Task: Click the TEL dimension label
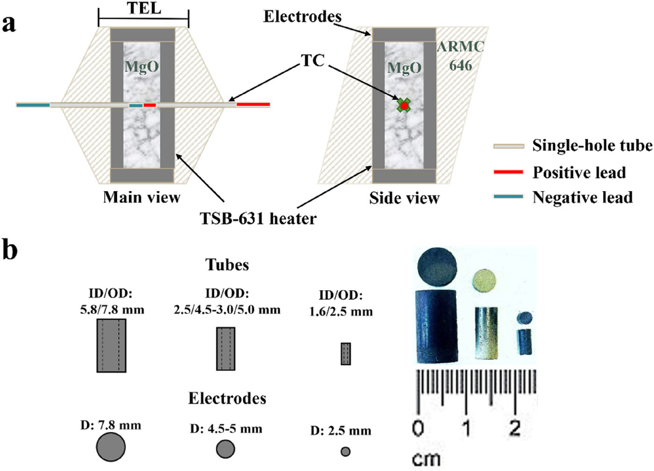(x=144, y=8)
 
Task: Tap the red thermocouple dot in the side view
(x=404, y=106)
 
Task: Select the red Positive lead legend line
(x=508, y=172)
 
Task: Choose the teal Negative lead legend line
(x=508, y=197)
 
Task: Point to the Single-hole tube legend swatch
(x=508, y=146)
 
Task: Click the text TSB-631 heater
(x=258, y=218)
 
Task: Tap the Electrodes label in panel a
(x=302, y=17)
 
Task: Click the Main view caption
(x=142, y=197)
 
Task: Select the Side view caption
(x=404, y=198)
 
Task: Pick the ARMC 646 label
(x=461, y=56)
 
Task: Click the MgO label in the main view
(x=142, y=67)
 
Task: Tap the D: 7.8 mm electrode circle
(x=111, y=447)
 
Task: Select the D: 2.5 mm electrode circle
(x=346, y=451)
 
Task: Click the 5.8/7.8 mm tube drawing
(x=111, y=345)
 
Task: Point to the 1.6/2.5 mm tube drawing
(x=346, y=354)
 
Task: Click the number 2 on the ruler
(x=515, y=428)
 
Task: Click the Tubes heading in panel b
(x=227, y=265)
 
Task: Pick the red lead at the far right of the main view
(x=253, y=104)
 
